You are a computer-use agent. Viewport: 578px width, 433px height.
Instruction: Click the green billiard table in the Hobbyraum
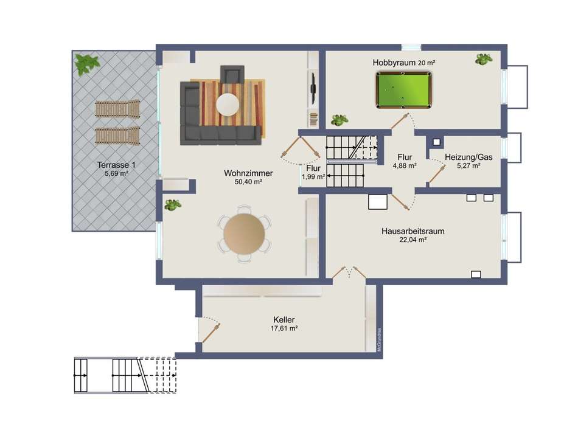tap(403, 90)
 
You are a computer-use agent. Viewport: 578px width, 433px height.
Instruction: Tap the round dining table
tap(244, 234)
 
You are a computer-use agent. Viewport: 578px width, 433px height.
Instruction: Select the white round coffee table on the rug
tap(228, 104)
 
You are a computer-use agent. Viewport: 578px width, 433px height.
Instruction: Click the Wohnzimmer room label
tap(248, 173)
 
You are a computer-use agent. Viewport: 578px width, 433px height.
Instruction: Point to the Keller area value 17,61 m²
tap(284, 328)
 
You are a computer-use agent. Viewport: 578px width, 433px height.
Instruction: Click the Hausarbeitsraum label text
tap(413, 231)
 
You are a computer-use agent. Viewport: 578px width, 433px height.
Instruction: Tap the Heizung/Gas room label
tap(468, 157)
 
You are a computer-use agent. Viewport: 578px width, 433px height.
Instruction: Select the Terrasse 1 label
tap(116, 165)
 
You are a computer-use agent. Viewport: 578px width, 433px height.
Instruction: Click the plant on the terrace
tap(86, 64)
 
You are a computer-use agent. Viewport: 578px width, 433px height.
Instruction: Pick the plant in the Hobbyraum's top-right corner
tap(484, 59)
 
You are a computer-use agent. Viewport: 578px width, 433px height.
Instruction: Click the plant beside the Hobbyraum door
tap(339, 120)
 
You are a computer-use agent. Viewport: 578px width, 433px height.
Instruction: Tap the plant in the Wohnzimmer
tap(173, 204)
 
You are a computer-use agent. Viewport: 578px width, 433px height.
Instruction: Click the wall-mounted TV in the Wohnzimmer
tap(313, 88)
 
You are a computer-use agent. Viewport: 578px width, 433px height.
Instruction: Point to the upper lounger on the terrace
tap(117, 109)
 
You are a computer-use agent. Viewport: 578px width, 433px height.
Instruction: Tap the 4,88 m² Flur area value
tap(405, 166)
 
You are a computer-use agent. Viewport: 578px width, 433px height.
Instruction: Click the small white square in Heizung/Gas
tap(436, 142)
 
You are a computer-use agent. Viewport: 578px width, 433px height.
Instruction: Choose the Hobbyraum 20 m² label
tap(403, 63)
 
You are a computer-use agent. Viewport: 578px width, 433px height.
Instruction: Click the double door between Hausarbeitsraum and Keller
tap(349, 272)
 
